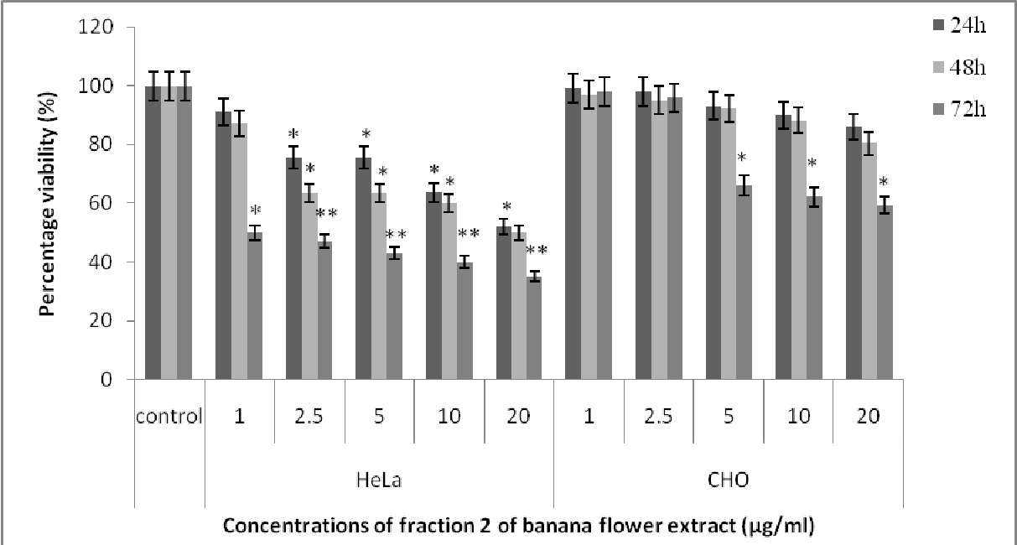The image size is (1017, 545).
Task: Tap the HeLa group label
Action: pyautogui.click(x=379, y=481)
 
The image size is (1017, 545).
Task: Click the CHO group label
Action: pyautogui.click(x=728, y=481)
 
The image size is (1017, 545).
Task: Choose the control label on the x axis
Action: pyautogui.click(x=169, y=416)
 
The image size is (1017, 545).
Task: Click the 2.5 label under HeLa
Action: pyautogui.click(x=309, y=416)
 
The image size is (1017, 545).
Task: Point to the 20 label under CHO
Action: pyautogui.click(x=868, y=416)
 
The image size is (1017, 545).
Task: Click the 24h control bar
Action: pyautogui.click(x=153, y=233)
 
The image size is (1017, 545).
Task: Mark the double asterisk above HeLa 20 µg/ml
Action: pyautogui.click(x=536, y=249)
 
